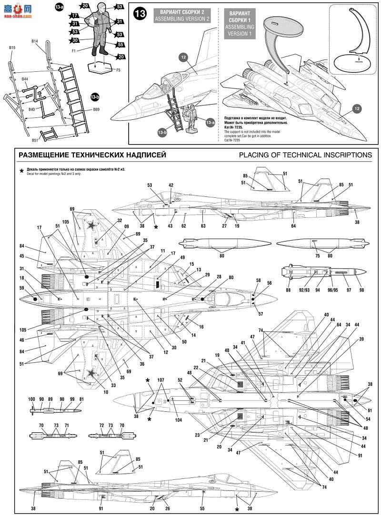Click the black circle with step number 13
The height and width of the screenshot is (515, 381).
pyautogui.click(x=140, y=14)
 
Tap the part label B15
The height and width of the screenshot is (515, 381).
pyautogui.click(x=12, y=48)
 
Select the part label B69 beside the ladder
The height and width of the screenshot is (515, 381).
pyautogui.click(x=96, y=110)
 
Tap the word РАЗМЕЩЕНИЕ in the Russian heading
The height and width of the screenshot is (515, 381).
pyautogui.click(x=43, y=155)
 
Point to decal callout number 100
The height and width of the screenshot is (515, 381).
pyautogui.click(x=32, y=398)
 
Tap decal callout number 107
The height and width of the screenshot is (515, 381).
pyautogui.click(x=161, y=380)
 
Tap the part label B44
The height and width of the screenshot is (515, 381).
pyautogui.click(x=25, y=79)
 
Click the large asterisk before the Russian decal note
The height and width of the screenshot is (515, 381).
pyautogui.click(x=21, y=170)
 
